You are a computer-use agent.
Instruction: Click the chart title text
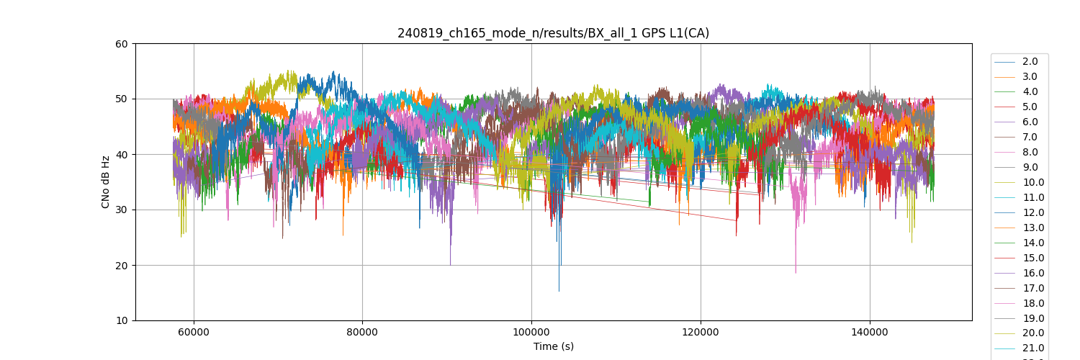click(553, 33)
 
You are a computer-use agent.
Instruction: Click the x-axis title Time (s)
click(553, 346)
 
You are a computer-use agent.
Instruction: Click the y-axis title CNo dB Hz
click(106, 181)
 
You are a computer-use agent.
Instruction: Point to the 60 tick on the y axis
click(121, 44)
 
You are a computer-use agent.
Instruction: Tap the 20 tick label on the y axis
click(121, 266)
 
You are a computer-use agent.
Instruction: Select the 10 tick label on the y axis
click(121, 321)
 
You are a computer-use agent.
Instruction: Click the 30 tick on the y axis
click(121, 210)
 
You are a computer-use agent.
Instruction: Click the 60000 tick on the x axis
click(193, 333)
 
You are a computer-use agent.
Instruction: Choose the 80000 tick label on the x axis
click(362, 333)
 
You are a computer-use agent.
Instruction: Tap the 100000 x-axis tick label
click(531, 333)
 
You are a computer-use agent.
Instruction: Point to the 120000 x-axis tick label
click(701, 333)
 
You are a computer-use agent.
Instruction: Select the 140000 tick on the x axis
click(870, 333)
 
